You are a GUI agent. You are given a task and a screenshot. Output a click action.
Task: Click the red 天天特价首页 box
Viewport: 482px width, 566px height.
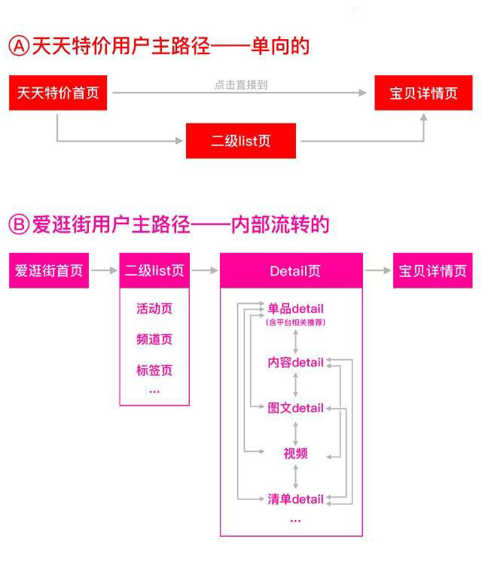(x=57, y=94)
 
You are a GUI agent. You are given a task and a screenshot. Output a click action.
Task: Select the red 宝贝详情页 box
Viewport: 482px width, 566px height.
(x=423, y=94)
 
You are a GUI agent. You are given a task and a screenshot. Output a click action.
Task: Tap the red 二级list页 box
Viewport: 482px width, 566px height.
(x=241, y=141)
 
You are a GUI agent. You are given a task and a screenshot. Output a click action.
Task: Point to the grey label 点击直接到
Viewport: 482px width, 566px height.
(x=240, y=84)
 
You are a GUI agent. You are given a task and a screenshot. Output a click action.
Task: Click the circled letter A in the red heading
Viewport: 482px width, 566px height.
(x=19, y=46)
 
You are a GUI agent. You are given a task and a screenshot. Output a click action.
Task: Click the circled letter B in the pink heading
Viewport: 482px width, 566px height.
(x=19, y=224)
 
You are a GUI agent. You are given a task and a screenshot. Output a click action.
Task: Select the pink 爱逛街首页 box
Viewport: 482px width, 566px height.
(x=49, y=270)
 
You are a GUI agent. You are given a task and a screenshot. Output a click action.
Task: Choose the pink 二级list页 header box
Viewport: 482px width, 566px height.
(x=154, y=270)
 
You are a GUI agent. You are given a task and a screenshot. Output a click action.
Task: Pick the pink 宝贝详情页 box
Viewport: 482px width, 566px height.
(x=432, y=270)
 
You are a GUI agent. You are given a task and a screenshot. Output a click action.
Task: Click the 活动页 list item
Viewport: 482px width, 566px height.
(x=154, y=309)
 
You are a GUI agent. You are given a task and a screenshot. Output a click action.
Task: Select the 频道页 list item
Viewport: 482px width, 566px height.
(x=154, y=339)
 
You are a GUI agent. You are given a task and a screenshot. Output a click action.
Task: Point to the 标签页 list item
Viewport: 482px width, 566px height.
(x=154, y=370)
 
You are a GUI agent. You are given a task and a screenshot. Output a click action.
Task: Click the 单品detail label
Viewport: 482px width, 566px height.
(x=295, y=309)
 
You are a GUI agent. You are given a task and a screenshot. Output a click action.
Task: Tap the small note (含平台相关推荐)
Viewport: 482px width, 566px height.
(x=295, y=322)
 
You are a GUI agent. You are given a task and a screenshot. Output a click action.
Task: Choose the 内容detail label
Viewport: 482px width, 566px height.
(x=295, y=363)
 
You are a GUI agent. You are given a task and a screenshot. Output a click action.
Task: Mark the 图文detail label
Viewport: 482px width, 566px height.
(x=295, y=408)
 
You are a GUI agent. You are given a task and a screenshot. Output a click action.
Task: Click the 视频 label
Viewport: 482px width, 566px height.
(x=295, y=453)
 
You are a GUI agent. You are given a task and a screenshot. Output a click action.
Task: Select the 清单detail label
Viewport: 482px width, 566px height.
(x=295, y=499)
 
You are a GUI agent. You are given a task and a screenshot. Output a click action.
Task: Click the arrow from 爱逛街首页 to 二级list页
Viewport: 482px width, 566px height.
(x=104, y=270)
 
